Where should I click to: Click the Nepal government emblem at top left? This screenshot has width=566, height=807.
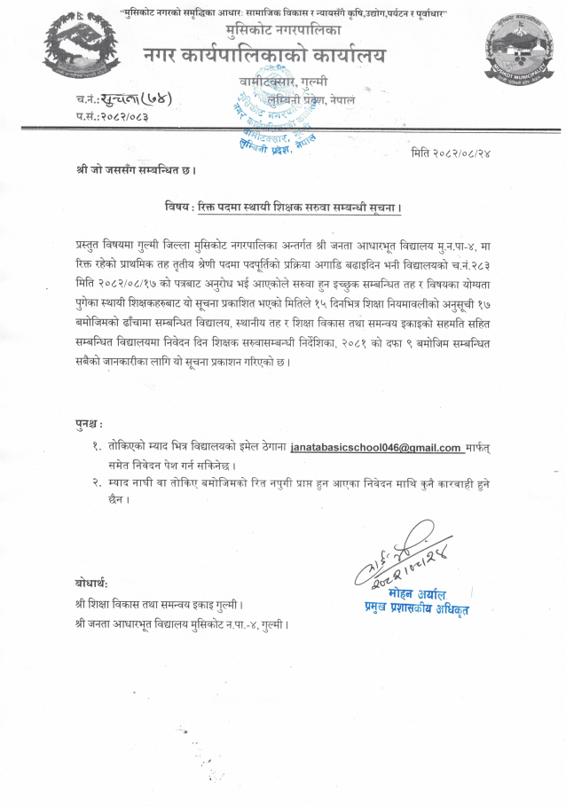[x=76, y=50]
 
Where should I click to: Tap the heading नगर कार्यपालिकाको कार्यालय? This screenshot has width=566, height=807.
[x=264, y=56]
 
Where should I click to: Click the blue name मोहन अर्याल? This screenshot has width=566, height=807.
[x=417, y=593]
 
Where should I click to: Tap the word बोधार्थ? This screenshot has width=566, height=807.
[x=92, y=583]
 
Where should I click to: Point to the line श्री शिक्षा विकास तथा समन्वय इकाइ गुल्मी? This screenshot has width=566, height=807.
[x=161, y=605]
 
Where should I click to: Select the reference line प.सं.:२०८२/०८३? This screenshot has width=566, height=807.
[x=113, y=115]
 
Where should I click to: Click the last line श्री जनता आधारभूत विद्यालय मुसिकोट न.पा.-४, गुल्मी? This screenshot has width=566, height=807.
[x=183, y=623]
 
